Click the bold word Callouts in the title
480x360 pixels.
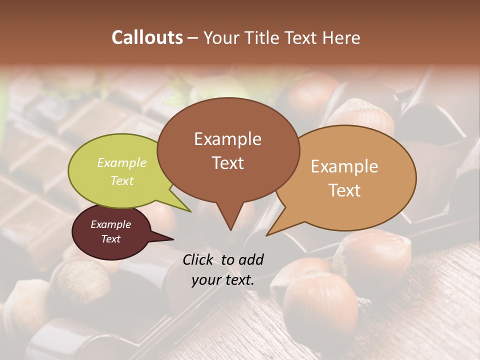coord(147,37)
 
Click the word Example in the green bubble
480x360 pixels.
coord(122,162)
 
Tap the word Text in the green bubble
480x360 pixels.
coord(122,180)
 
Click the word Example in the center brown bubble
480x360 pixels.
coord(227,138)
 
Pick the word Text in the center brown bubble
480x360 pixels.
coord(227,162)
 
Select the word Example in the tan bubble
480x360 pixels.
coord(344,166)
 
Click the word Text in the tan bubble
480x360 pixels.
coord(344,190)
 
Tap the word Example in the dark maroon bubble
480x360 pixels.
coord(110,224)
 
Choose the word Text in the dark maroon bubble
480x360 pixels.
coord(110,239)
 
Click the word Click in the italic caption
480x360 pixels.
coord(199,259)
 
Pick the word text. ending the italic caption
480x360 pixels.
coord(239,280)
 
